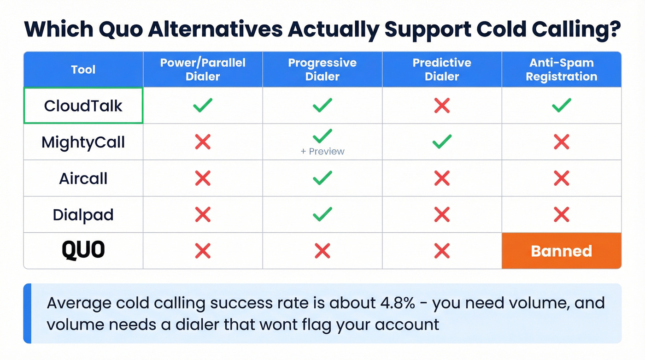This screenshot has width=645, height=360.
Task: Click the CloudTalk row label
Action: (83, 106)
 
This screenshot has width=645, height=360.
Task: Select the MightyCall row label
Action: (83, 142)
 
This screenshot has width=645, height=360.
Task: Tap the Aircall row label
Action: (83, 178)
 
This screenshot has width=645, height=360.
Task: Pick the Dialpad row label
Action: (83, 215)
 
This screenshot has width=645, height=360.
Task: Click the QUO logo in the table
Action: (83, 251)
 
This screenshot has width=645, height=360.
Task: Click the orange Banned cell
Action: (561, 251)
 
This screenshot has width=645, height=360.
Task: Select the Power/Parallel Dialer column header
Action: (203, 70)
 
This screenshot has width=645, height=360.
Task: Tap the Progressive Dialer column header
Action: (322, 70)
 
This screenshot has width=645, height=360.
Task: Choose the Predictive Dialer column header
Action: (442, 70)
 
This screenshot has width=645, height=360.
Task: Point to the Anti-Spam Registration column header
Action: (561, 70)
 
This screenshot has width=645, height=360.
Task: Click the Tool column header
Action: (83, 70)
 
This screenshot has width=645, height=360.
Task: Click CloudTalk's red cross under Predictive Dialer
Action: (442, 106)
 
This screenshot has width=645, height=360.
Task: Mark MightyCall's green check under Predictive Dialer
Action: (442, 142)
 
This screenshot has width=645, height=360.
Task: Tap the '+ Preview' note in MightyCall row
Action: (322, 151)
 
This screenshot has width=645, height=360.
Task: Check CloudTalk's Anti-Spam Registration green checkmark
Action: (561, 105)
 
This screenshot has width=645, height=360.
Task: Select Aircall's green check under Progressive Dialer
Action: (322, 178)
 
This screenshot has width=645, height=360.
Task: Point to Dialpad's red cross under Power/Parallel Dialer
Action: (203, 214)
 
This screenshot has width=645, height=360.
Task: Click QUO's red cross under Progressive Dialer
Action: (322, 251)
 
